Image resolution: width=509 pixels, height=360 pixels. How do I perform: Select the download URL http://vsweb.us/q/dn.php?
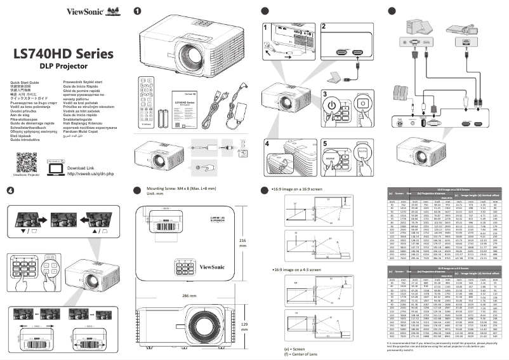[90, 173]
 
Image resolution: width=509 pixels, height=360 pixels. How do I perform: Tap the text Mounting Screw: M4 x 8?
[180, 189]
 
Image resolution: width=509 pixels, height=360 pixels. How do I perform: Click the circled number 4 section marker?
[10, 190]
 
